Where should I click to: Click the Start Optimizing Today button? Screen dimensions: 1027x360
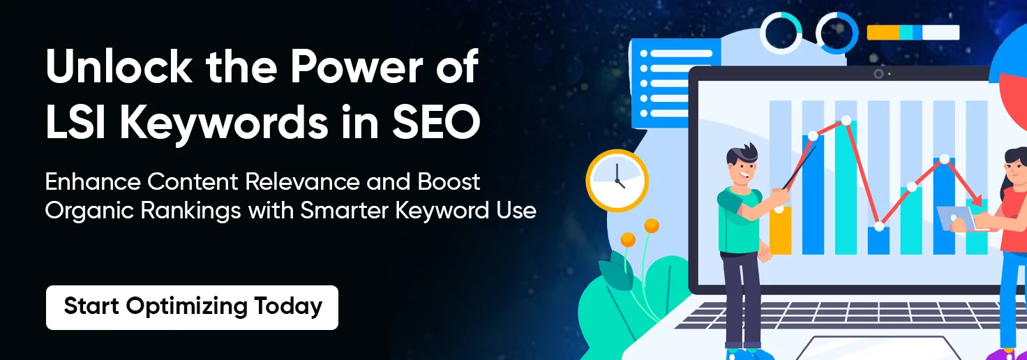pos(192,307)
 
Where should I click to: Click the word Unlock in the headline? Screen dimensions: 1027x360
pos(119,68)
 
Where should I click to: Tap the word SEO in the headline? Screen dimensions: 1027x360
pos(436,121)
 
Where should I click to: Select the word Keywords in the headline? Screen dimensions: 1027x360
pos(225,123)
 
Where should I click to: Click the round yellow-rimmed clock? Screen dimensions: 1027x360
pos(617,181)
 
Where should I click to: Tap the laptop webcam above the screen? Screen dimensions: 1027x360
pos(878,74)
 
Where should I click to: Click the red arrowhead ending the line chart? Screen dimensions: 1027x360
pos(976,201)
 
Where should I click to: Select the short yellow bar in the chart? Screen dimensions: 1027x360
pos(780,230)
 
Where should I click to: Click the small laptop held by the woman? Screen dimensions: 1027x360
pos(957,219)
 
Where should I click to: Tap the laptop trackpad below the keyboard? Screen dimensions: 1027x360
pos(874,349)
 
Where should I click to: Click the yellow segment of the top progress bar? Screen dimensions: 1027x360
pos(883,33)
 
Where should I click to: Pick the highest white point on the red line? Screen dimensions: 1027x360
pos(846,121)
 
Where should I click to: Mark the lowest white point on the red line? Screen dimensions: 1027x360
pos(879,227)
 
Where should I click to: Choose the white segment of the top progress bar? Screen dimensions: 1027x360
pos(940,33)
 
